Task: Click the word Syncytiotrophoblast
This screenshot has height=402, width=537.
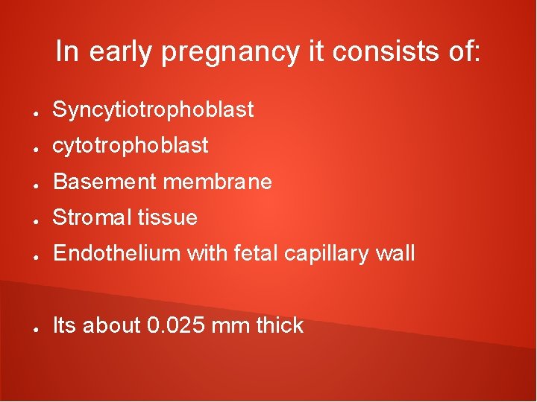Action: (154, 110)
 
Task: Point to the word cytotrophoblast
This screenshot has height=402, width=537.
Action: (131, 146)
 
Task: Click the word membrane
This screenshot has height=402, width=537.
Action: (217, 182)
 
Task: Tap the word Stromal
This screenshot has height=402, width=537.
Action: (91, 217)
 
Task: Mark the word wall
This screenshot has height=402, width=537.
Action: (396, 254)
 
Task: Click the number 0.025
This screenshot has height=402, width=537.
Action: (175, 325)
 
